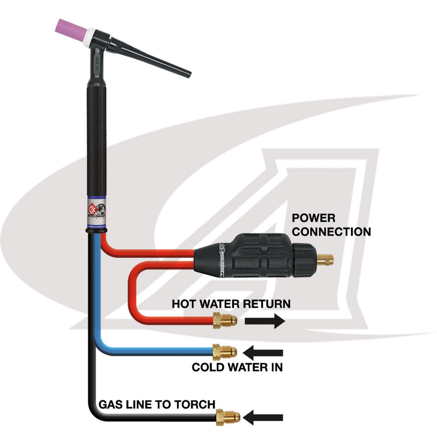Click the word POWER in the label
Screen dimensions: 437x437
tap(313, 218)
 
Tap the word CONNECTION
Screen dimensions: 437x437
tap(331, 232)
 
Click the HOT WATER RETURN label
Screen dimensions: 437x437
tap(231, 304)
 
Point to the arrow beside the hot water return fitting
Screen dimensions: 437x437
tap(265, 321)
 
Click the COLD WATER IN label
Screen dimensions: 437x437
tap(237, 367)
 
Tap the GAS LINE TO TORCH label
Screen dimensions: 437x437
tap(157, 405)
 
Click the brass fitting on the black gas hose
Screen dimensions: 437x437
tap(228, 417)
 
